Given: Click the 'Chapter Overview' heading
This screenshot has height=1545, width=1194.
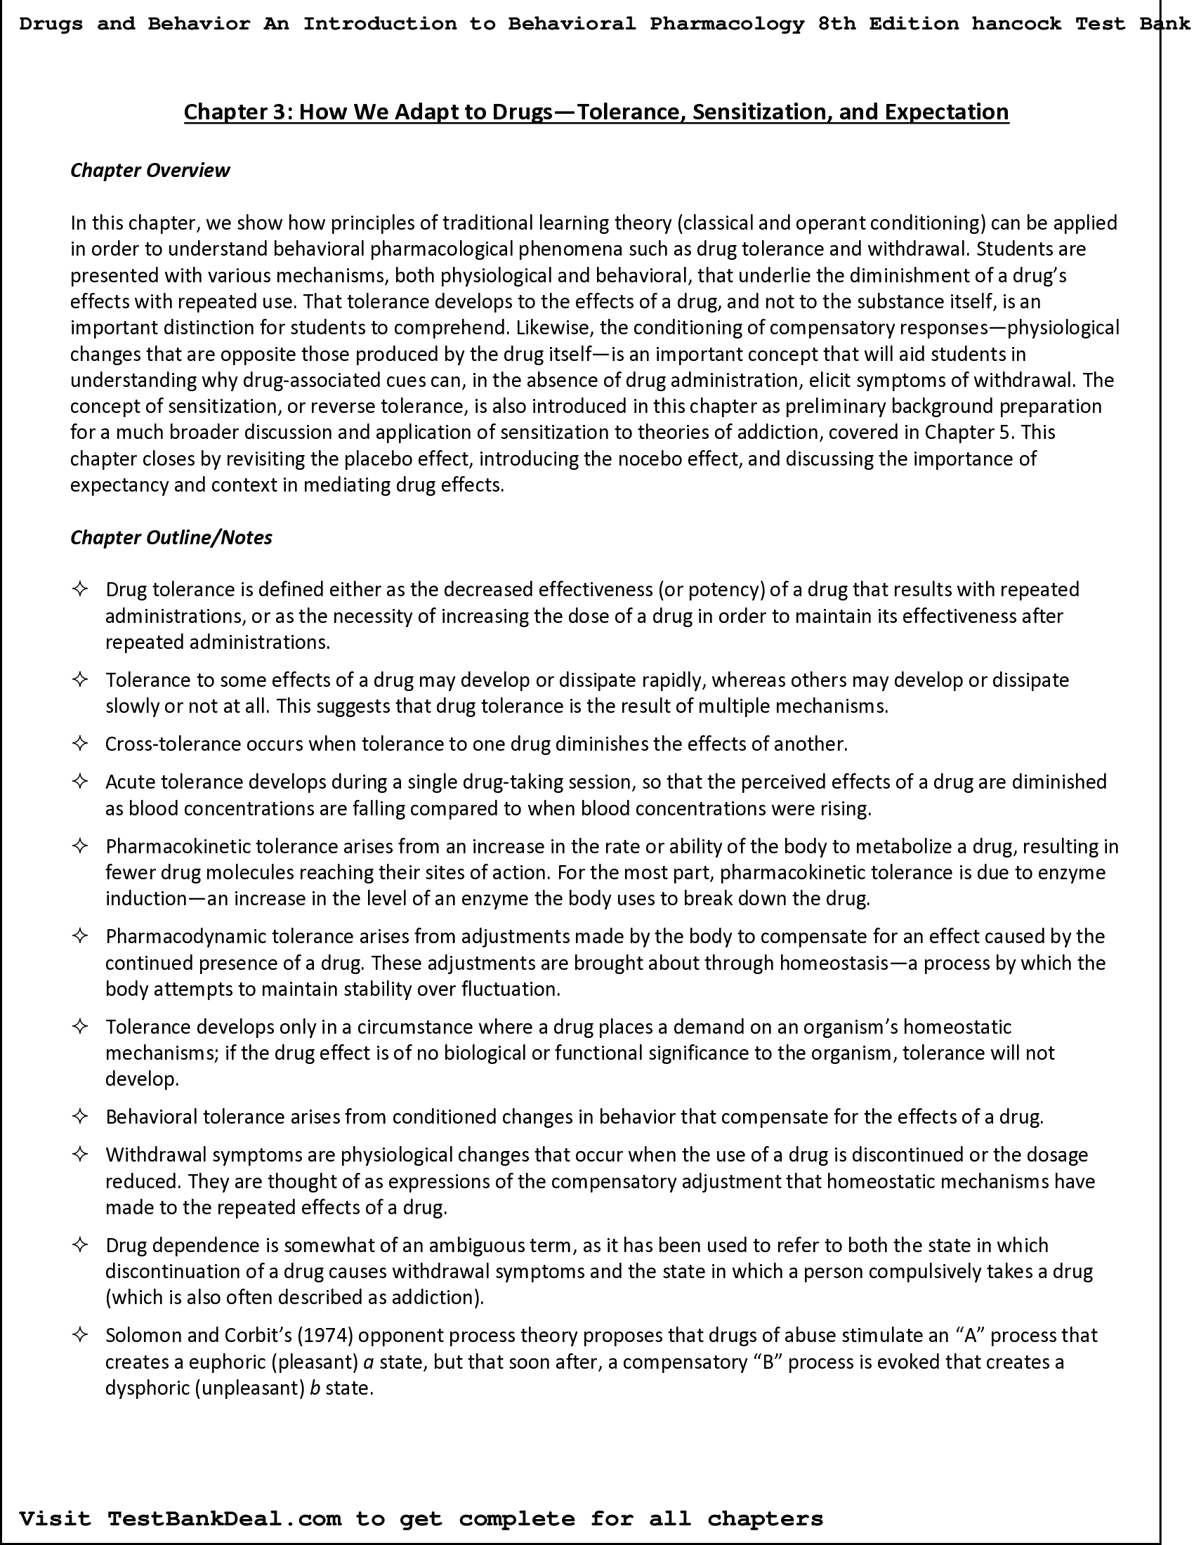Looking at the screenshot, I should pos(150,171).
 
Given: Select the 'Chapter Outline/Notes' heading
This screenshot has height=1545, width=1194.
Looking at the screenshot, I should pos(171,538).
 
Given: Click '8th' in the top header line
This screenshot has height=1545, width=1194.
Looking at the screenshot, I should pos(836,24).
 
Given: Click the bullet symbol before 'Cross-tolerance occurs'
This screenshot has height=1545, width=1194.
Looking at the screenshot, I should pos(80,744).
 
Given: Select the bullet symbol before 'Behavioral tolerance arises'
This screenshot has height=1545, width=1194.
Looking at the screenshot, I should pos(80,1117).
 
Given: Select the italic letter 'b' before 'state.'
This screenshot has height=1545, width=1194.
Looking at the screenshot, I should pos(315,1388).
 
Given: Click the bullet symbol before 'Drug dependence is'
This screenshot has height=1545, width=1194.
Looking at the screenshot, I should pos(80,1245).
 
